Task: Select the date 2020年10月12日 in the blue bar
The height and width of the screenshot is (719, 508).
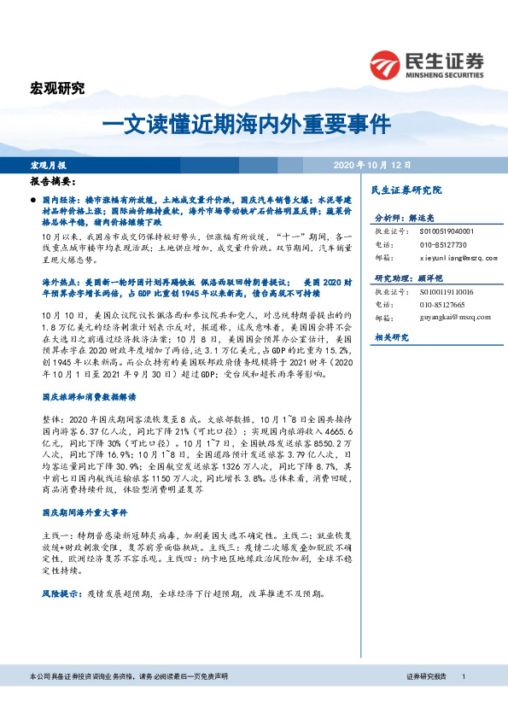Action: point(373,164)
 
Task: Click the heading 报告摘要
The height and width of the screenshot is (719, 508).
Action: point(53,182)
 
